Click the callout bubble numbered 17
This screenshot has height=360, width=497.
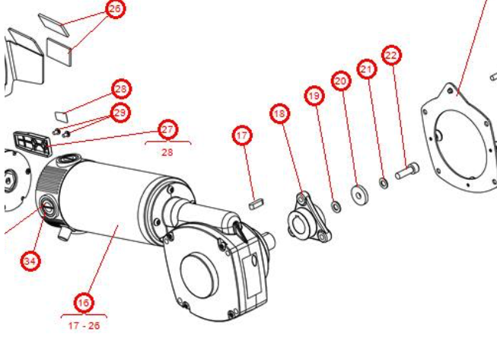(241, 136)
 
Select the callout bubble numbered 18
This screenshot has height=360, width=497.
(280, 114)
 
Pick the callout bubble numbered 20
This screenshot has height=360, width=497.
(340, 80)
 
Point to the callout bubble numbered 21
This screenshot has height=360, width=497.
(368, 70)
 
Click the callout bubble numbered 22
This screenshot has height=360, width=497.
(392, 56)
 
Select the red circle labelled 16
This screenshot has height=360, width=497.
(84, 303)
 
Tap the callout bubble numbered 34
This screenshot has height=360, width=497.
(30, 261)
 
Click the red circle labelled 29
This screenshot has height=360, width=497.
(120, 113)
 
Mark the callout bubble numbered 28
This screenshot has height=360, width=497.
(120, 89)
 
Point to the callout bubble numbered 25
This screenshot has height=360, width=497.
(114, 9)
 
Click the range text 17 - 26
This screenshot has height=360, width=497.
(83, 326)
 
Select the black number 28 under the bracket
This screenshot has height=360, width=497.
(167, 151)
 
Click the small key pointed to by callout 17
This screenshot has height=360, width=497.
(256, 203)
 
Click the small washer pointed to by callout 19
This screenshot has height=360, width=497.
(335, 205)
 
